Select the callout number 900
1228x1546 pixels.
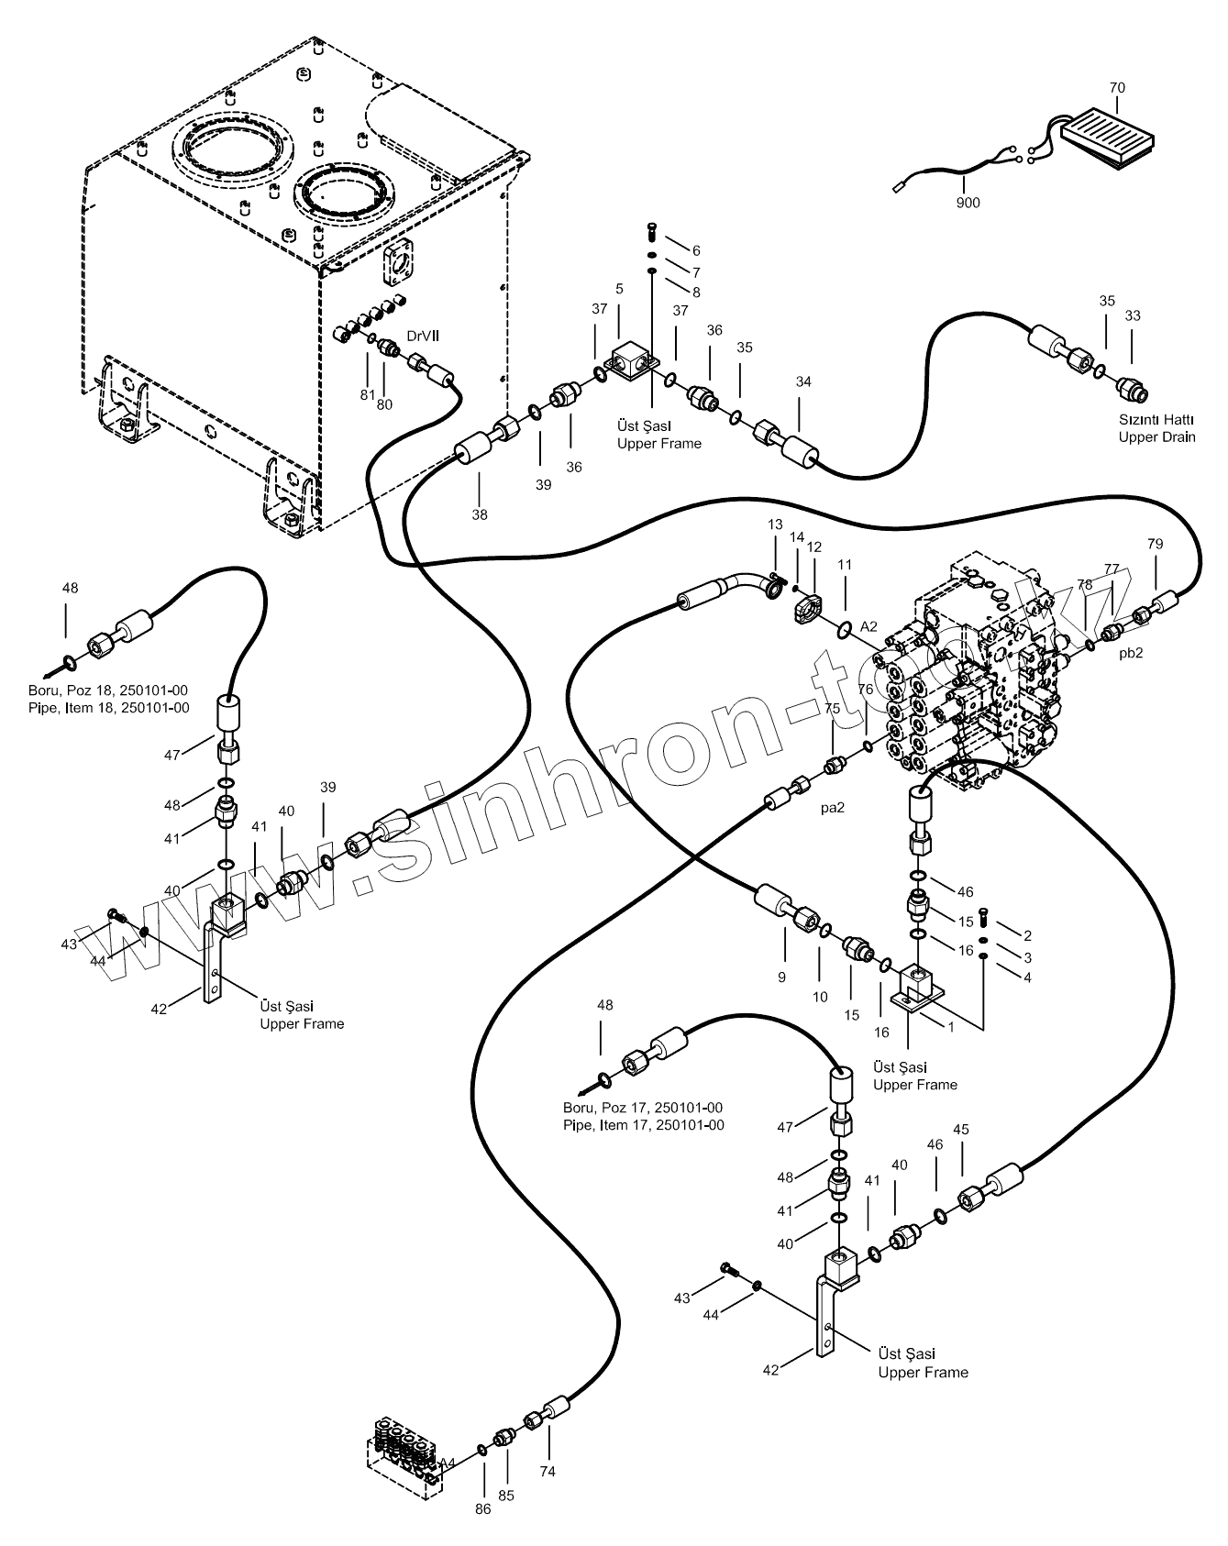968,203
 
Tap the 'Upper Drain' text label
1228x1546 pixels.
1156,436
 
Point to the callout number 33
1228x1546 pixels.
1133,315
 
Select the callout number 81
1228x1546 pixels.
367,395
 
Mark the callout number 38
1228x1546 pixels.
480,514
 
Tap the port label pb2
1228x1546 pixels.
1131,654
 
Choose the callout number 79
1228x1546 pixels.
1155,544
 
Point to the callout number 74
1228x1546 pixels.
548,1472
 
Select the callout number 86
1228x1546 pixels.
483,1508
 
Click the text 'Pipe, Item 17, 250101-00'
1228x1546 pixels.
644,1125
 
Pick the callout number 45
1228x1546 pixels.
960,1130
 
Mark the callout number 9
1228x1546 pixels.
781,977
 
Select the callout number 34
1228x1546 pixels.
803,381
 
